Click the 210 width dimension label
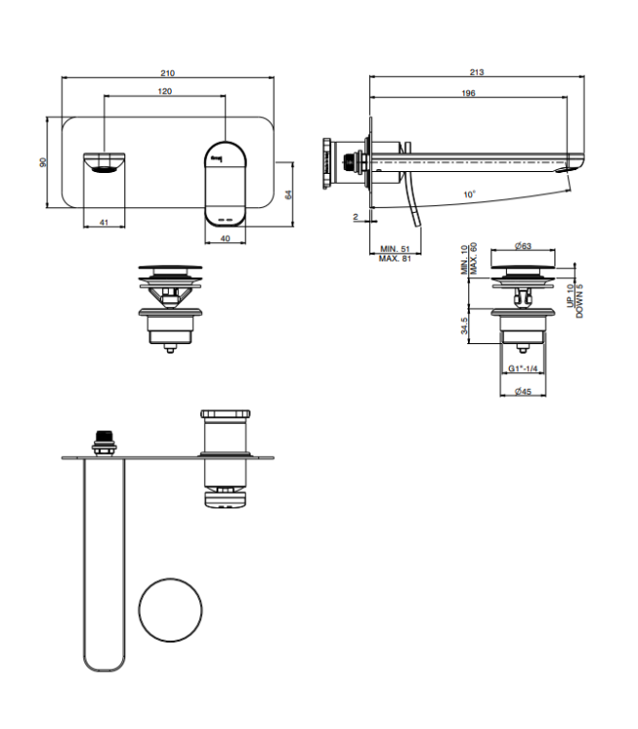pos(168,73)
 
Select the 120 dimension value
pos(165,91)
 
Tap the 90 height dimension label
pos(43,162)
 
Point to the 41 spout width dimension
pos(104,223)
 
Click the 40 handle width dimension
pos(225,238)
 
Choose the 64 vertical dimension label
pos(288,194)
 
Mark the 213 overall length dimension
pos(477,72)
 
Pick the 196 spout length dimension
pos(468,93)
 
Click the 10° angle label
pos(469,193)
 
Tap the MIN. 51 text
pos(395,249)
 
